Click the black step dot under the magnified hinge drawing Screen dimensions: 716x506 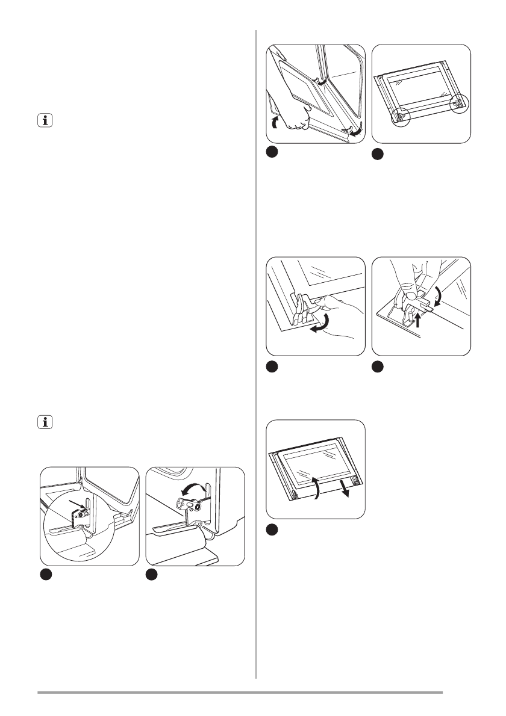[x=45, y=575]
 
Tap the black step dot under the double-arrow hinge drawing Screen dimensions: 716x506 [x=152, y=575]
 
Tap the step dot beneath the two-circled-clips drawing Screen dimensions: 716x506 [x=378, y=154]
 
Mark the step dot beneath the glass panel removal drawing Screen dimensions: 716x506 [x=272, y=529]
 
